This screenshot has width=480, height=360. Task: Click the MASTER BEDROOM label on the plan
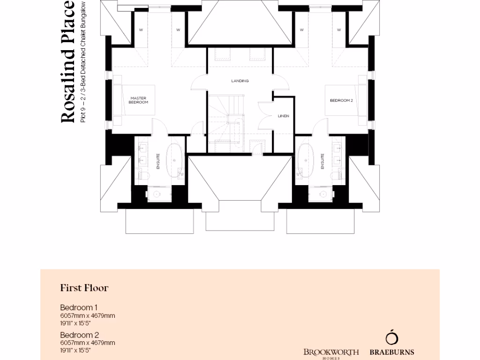[139, 100]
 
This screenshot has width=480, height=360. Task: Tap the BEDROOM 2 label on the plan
[341, 100]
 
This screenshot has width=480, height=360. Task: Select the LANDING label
[240, 81]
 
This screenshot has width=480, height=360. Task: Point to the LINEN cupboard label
[283, 115]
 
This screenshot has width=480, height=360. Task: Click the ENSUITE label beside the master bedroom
[158, 161]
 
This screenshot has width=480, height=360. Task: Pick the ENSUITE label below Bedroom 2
[322, 161]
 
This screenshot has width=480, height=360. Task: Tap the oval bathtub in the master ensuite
[175, 160]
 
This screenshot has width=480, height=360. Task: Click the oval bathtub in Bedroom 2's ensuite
[306, 160]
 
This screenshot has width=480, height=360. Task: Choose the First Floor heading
[84, 288]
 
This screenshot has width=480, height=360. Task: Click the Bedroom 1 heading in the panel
[78, 307]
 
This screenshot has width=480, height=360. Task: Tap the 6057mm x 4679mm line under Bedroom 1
[87, 315]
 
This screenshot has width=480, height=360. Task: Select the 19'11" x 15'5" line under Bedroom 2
[75, 350]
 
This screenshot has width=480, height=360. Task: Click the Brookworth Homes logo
[331, 353]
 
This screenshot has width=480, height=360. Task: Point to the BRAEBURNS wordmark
[392, 352]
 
